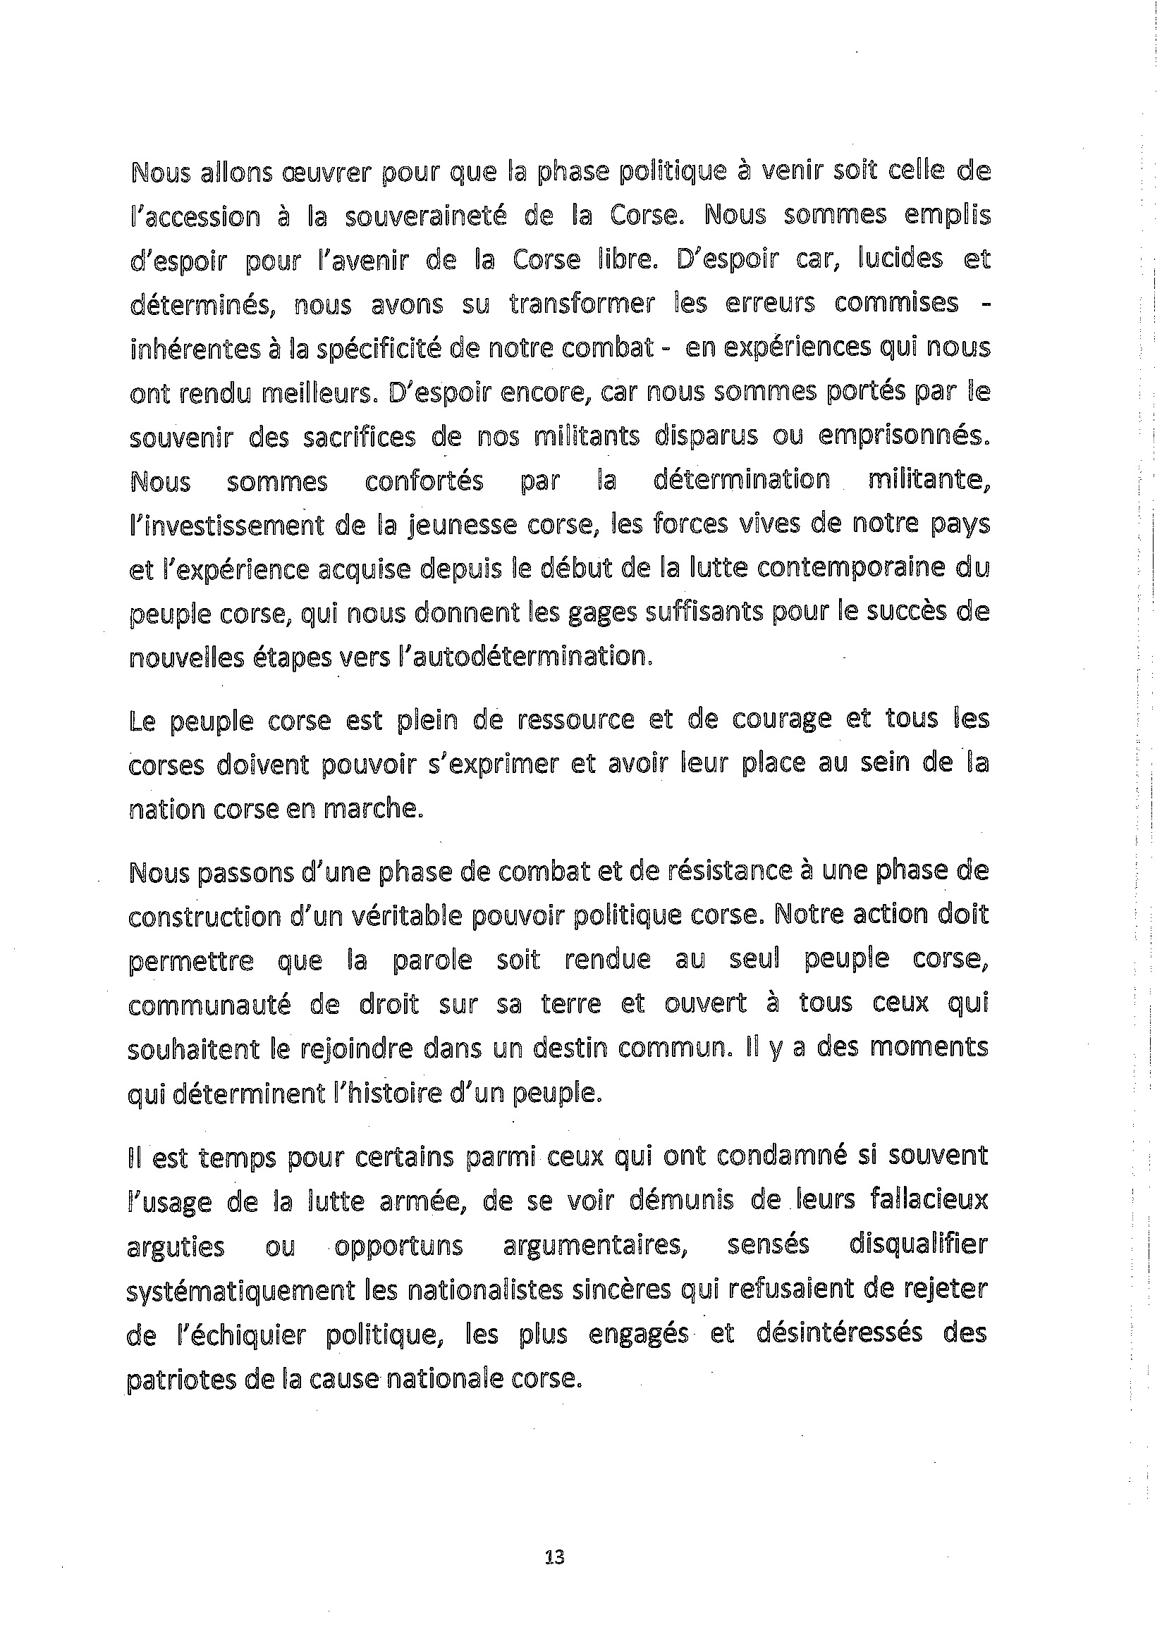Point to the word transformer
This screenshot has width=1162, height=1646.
pyautogui.click(x=582, y=304)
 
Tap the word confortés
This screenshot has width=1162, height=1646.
pyautogui.click(x=424, y=481)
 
